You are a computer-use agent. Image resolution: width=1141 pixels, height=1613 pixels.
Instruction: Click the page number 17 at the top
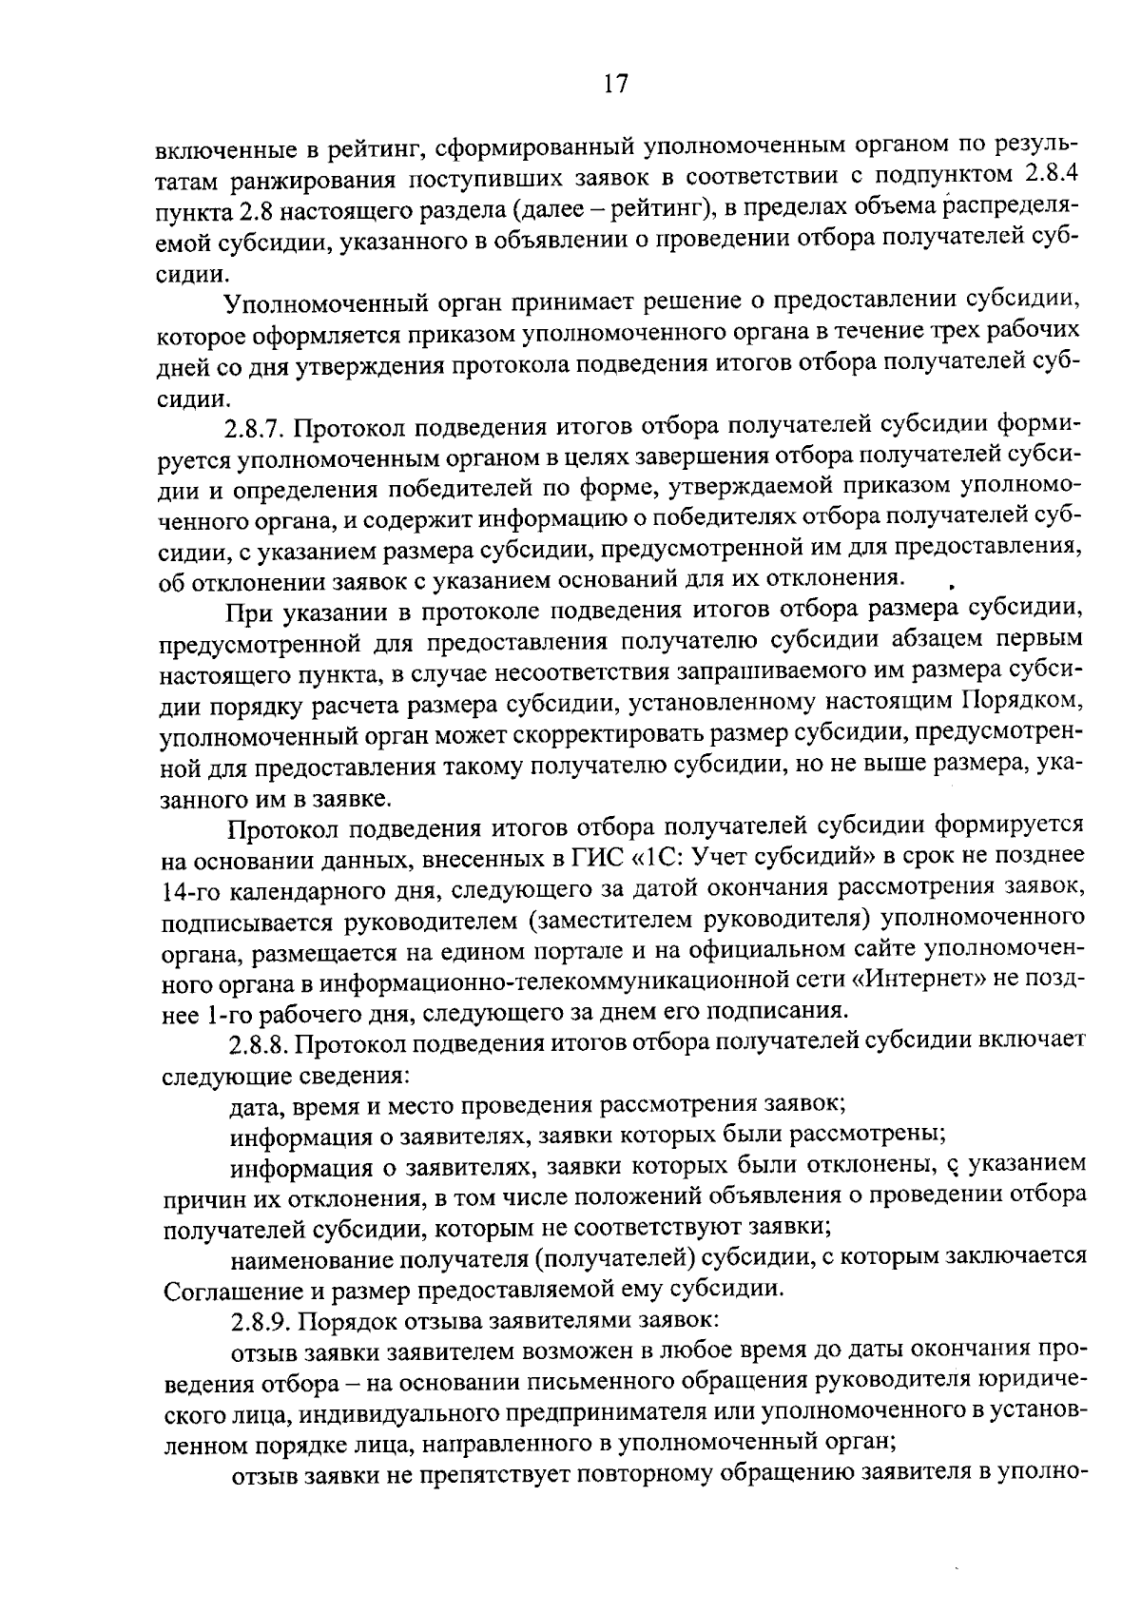tap(616, 84)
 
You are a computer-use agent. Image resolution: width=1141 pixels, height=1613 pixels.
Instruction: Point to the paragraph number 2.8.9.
tap(261, 1321)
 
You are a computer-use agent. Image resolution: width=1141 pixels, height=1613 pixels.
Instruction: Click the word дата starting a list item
tap(255, 1105)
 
